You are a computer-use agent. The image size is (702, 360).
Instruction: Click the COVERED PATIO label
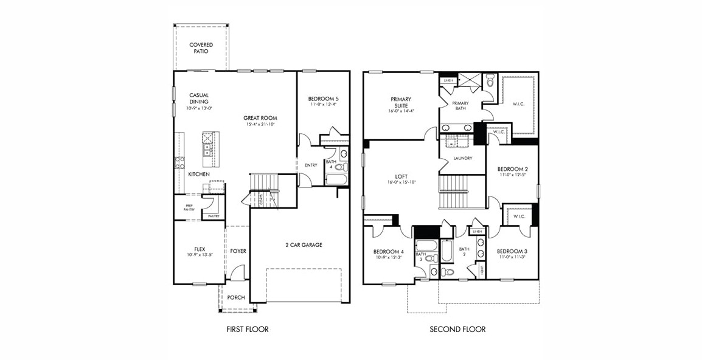[201, 48]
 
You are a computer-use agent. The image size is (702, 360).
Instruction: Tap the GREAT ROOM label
[260, 118]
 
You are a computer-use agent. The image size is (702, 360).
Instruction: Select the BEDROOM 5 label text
[322, 99]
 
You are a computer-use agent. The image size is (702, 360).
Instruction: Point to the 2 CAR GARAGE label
[304, 245]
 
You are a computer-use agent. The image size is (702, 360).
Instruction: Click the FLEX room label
[199, 249]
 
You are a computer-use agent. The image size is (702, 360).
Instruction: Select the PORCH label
[236, 297]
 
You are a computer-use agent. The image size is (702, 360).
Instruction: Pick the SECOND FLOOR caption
[457, 330]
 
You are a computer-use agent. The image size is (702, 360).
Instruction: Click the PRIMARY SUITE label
[401, 102]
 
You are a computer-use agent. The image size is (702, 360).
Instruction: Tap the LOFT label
[401, 176]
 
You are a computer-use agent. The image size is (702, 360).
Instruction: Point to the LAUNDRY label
[463, 159]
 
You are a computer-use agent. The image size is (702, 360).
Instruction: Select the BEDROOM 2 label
[512, 169]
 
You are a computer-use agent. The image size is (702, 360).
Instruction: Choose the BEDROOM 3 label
[512, 251]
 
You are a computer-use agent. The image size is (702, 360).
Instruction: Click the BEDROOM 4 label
[388, 252]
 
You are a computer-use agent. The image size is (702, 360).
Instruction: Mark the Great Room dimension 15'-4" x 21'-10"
[260, 125]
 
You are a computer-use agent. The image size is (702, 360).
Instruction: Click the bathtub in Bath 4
[336, 179]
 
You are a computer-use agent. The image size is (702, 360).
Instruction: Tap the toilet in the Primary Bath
[490, 80]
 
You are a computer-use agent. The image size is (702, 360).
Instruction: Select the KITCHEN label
[199, 175]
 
